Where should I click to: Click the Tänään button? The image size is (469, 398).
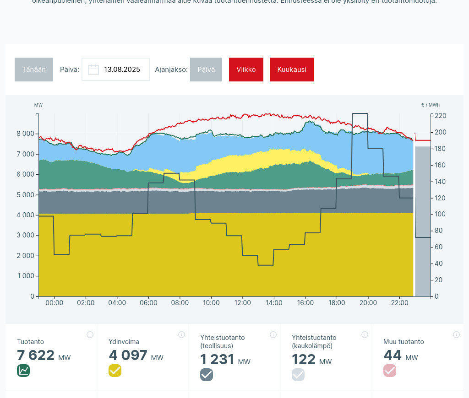pos(34,70)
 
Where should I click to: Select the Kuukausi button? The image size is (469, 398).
pos(292,70)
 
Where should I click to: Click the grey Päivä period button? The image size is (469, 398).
pos(206,70)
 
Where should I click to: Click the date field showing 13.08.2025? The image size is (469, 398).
pos(121,70)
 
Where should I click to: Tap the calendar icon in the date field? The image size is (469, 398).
pos(93,70)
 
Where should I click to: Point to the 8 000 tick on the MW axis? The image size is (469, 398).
pos(25,134)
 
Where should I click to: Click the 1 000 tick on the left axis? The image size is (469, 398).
pos(25,276)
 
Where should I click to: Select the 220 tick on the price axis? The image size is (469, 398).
pos(440,116)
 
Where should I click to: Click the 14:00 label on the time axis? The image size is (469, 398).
pos(274,303)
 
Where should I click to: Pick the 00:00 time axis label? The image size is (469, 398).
pos(54,303)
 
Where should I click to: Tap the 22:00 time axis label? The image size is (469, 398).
pos(399,303)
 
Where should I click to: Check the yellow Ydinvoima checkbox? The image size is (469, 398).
pos(115,371)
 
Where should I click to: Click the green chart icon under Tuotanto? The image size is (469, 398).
pos(23,371)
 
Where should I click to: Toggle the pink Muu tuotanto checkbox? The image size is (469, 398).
pos(390,371)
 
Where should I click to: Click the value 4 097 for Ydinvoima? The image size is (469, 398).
pos(128,355)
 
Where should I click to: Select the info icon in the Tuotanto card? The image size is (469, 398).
pos(90,335)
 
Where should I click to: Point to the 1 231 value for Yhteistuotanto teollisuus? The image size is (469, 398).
pos(218,360)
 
